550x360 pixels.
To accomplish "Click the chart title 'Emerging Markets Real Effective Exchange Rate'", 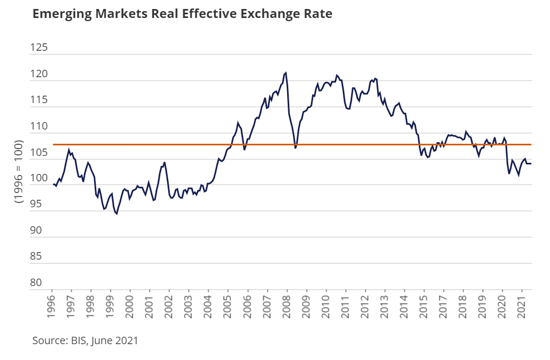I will [182, 14].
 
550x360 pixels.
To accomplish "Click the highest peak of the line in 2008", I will [286, 72].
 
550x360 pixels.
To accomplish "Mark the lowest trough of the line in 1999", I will [116, 214].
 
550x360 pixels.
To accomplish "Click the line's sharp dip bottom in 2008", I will [296, 148].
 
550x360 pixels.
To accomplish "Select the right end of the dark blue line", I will [530, 164].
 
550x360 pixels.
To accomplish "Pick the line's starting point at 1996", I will [53, 184].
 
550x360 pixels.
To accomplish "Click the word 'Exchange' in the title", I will [272, 14].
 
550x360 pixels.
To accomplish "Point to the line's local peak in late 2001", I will [164, 162].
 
